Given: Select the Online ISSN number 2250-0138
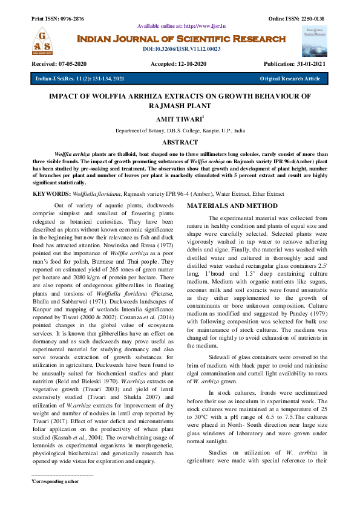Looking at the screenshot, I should click(312, 19).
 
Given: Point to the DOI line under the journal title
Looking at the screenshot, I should click(182, 49).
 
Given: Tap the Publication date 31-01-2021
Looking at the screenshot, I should click(311, 64).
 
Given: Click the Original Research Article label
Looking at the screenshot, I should click(290, 79).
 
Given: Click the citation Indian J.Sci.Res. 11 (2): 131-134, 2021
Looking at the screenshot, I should click(80, 79).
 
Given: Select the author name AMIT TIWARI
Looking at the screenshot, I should click(179, 121).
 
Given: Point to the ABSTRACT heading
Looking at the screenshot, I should click(180, 143).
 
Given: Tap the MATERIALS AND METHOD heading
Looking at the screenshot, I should click(232, 206).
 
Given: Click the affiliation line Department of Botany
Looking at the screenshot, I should click(180, 131).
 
